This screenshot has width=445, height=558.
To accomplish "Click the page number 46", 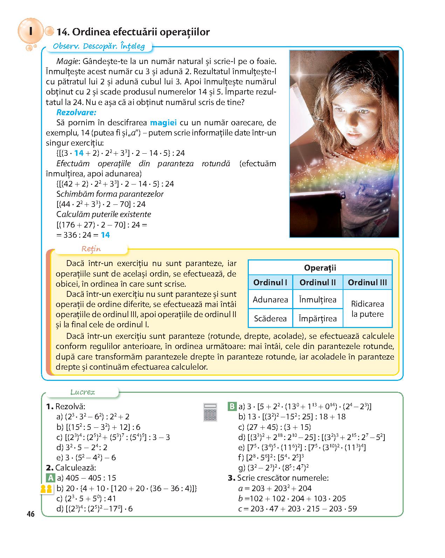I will click(x=30, y=514).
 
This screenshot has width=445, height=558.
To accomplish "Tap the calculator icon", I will click(x=210, y=412).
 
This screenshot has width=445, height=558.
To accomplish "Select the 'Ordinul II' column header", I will click(x=318, y=283).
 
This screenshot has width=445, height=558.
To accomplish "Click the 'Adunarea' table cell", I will click(x=270, y=300).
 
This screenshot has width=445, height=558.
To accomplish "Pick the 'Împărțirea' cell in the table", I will click(x=318, y=319).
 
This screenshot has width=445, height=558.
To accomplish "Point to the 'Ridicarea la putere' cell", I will click(x=367, y=309).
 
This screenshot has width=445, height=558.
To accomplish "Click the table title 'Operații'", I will click(x=320, y=268).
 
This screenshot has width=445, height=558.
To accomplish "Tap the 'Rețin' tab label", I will click(x=91, y=249).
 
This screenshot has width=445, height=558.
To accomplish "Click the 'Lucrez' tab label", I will click(x=83, y=392).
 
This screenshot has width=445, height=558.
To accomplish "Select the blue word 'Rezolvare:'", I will click(x=76, y=112).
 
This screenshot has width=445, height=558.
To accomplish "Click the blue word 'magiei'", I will click(x=163, y=123).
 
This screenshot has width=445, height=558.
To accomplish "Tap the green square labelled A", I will click(x=51, y=478).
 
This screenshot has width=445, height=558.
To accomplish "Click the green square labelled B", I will click(x=232, y=406).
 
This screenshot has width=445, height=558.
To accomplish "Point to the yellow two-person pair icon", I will click(x=46, y=489).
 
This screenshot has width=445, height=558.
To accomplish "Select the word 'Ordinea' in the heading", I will click(x=90, y=32).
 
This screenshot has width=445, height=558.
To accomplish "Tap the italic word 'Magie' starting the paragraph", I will click(x=67, y=61).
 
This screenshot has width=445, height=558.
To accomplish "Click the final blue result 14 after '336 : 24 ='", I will click(x=105, y=235).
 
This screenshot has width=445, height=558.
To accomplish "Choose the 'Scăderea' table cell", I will click(x=270, y=319).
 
